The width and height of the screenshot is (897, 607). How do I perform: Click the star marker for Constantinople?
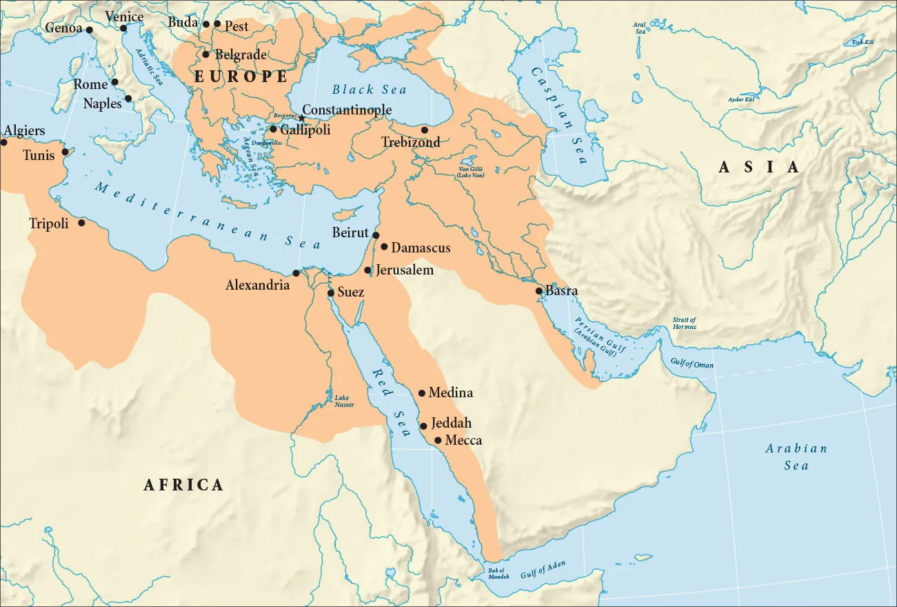click(301, 118)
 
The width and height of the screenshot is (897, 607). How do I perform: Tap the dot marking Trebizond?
click(425, 130)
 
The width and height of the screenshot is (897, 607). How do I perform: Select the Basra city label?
click(561, 291)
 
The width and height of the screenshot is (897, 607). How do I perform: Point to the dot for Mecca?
click(438, 440)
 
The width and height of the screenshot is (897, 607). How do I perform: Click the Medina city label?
click(450, 392)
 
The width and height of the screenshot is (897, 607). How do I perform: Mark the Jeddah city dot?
click(423, 426)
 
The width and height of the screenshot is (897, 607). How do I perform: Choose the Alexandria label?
click(257, 284)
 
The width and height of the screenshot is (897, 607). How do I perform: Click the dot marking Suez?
click(331, 293)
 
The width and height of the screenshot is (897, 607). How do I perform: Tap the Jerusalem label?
click(405, 270)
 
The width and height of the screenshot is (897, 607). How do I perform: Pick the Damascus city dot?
click(384, 247)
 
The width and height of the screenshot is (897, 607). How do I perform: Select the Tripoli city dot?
click(82, 223)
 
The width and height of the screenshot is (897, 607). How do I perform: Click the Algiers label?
click(25, 130)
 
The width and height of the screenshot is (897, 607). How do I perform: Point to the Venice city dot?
click(123, 28)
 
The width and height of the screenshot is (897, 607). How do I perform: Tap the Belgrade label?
click(241, 54)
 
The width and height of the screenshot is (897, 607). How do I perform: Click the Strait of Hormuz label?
click(684, 323)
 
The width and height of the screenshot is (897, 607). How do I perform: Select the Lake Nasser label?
click(344, 401)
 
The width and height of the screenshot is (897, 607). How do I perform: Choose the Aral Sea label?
click(640, 28)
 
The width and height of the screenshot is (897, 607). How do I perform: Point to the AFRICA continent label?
click(183, 485)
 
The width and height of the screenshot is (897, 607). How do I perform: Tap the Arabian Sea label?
click(796, 457)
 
